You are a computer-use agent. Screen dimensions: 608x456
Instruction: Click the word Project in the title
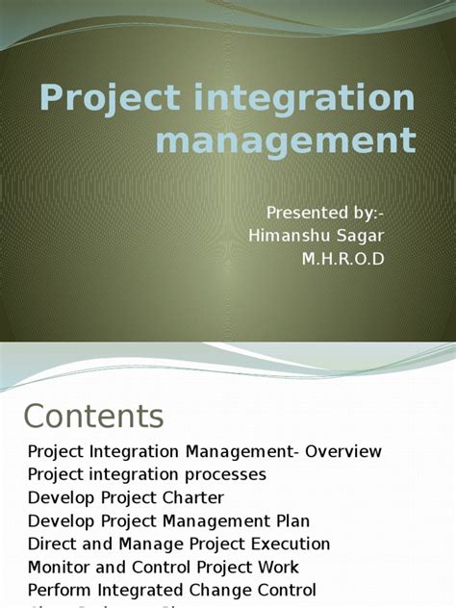pyautogui.click(x=97, y=100)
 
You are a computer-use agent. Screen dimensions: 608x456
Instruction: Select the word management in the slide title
pyautogui.click(x=285, y=140)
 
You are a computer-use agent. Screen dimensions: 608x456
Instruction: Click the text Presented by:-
pyautogui.click(x=328, y=213)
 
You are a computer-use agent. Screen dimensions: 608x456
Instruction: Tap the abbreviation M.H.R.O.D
pyautogui.click(x=342, y=259)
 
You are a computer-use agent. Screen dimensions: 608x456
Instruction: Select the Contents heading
pyautogui.click(x=93, y=416)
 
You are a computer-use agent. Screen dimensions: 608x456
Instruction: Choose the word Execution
pyautogui.click(x=290, y=544)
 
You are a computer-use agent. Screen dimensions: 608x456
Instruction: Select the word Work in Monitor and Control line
pyautogui.click(x=276, y=567)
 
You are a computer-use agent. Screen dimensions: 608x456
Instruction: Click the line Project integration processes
pyautogui.click(x=147, y=474)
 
